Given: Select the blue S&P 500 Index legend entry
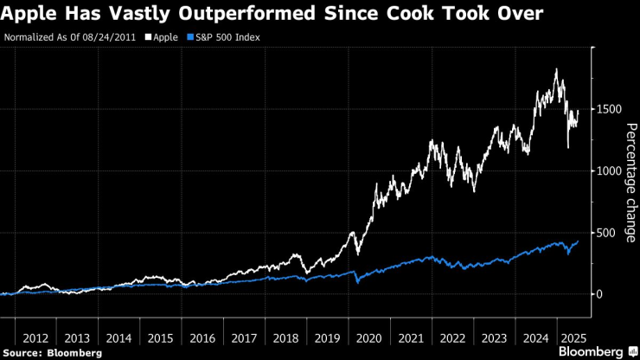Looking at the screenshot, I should [x=223, y=38].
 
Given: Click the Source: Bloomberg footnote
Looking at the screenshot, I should [x=54, y=353].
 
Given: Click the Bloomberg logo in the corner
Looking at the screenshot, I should [x=596, y=351].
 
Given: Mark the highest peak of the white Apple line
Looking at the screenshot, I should [x=555, y=69].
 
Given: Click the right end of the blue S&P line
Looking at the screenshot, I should [x=578, y=241].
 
